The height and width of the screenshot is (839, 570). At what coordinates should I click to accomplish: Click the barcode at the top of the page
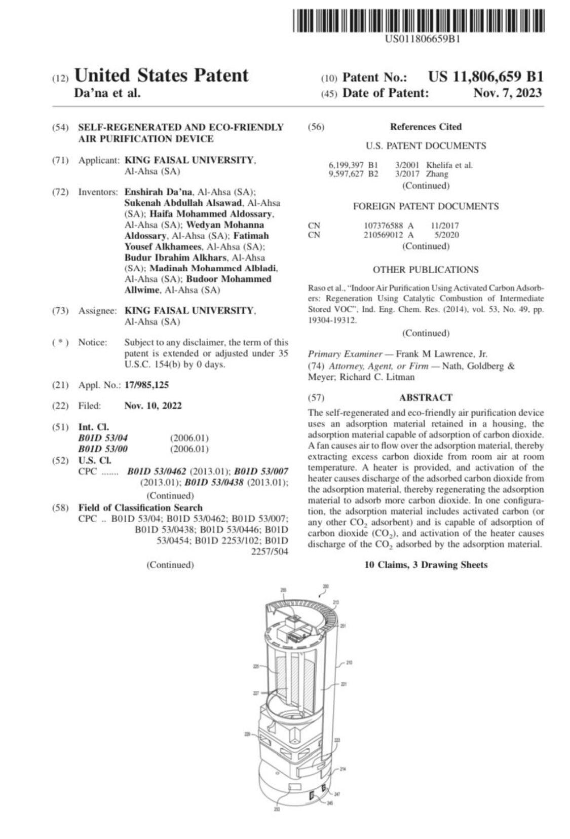click(x=418, y=21)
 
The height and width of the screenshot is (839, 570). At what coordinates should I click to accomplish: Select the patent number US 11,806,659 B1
click(x=485, y=77)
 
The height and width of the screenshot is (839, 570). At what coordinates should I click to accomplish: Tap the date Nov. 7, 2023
click(x=507, y=93)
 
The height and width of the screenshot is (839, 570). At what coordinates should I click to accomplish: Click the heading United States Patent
click(x=161, y=76)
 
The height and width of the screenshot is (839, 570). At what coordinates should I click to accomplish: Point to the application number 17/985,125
click(x=146, y=385)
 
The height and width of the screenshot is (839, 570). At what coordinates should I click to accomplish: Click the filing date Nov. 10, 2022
click(x=153, y=406)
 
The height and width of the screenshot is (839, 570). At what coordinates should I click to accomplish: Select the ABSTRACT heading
click(x=426, y=397)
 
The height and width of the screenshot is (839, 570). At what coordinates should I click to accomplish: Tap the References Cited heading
click(x=426, y=127)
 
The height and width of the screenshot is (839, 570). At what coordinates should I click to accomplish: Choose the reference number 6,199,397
click(x=347, y=165)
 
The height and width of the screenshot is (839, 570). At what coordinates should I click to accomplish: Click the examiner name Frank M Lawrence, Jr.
click(x=441, y=354)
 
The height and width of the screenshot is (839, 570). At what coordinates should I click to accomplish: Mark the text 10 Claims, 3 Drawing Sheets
click(x=426, y=565)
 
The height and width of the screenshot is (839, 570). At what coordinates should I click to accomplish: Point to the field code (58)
click(x=60, y=507)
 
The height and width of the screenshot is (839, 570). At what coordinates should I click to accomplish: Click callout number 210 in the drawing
click(x=350, y=662)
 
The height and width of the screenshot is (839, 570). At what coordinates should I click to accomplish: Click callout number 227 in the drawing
click(x=256, y=693)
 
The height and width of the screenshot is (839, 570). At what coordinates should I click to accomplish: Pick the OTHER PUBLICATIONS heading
click(x=426, y=270)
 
